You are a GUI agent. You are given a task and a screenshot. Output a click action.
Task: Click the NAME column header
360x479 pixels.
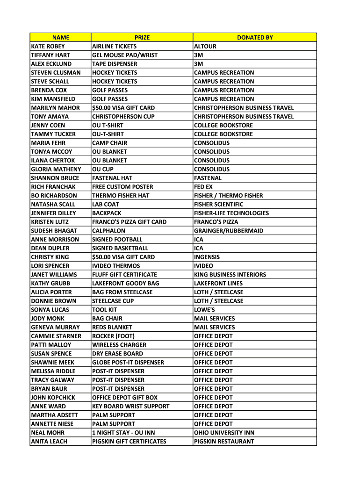[x=60, y=37]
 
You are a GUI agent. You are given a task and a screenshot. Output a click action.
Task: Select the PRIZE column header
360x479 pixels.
[x=142, y=37]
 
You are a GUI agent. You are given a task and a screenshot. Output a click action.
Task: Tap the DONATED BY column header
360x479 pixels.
[x=255, y=37]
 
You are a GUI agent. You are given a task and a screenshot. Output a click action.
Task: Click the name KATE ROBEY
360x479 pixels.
[x=48, y=46]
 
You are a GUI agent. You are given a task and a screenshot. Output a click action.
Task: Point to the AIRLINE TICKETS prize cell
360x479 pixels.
[x=115, y=46]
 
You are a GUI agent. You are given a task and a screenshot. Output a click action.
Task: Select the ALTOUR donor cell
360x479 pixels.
[x=205, y=46]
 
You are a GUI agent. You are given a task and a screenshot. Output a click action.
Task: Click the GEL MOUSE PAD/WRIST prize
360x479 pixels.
[x=125, y=55]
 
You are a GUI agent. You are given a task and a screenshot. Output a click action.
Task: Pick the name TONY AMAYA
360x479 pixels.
[x=49, y=116]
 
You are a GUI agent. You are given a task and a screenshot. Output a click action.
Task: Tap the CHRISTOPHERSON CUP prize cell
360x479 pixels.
[x=123, y=116]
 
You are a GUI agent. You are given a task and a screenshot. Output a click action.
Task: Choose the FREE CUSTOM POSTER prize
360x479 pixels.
[x=122, y=187]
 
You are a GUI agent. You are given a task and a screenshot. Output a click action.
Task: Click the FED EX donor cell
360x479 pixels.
[x=203, y=187]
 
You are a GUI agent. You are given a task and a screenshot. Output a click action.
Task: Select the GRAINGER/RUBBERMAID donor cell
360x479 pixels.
[x=229, y=231]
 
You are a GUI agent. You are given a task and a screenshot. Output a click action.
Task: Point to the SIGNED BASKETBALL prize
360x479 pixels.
[x=120, y=248]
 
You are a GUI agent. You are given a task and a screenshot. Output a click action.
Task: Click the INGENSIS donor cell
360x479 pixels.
[x=207, y=257]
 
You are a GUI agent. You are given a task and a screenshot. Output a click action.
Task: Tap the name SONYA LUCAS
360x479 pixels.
[x=50, y=310]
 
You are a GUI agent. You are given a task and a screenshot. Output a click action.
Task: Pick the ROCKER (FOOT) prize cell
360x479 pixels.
[x=113, y=336]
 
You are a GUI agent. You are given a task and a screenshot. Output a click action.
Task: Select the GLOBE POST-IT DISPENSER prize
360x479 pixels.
[x=128, y=363]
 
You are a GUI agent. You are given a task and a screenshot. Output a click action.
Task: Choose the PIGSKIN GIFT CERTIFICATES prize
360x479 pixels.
[x=129, y=442]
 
